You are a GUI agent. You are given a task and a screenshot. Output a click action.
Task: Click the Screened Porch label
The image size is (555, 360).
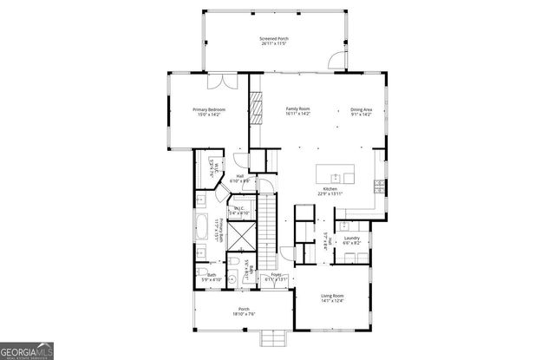pyautogui.click(x=274, y=42)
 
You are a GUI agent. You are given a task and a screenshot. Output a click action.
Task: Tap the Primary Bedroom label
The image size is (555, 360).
pyautogui.click(x=209, y=111)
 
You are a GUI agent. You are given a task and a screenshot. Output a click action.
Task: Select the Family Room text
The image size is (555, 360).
pyautogui.click(x=298, y=111)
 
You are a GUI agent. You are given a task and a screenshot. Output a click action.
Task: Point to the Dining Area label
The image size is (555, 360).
pyautogui.click(x=362, y=111)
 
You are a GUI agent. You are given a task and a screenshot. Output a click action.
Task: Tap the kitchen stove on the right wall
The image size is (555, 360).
pyautogui.click(x=378, y=186)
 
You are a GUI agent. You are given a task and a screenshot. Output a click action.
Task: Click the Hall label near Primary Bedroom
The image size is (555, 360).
pyautogui.click(x=239, y=178)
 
